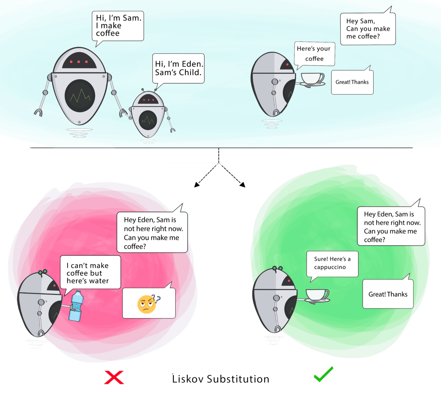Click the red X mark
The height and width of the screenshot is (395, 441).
point(114,377)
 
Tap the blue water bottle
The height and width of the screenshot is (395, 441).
point(76,306)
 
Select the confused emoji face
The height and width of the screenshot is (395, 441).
point(147,304)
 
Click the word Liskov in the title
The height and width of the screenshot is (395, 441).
point(188,379)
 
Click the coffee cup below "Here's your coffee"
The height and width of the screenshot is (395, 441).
point(312,79)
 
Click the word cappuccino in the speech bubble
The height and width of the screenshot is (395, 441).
point(330,267)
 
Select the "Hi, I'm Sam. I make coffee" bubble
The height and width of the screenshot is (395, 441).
point(117,26)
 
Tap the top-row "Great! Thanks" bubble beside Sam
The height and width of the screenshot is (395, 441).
point(352,82)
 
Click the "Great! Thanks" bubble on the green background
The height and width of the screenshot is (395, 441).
point(388,294)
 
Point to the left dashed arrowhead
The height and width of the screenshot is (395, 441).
point(197,185)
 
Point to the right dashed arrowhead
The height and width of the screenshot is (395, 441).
point(243,185)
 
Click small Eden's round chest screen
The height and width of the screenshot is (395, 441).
point(148,120)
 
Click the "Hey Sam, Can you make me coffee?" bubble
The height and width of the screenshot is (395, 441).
point(368,29)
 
